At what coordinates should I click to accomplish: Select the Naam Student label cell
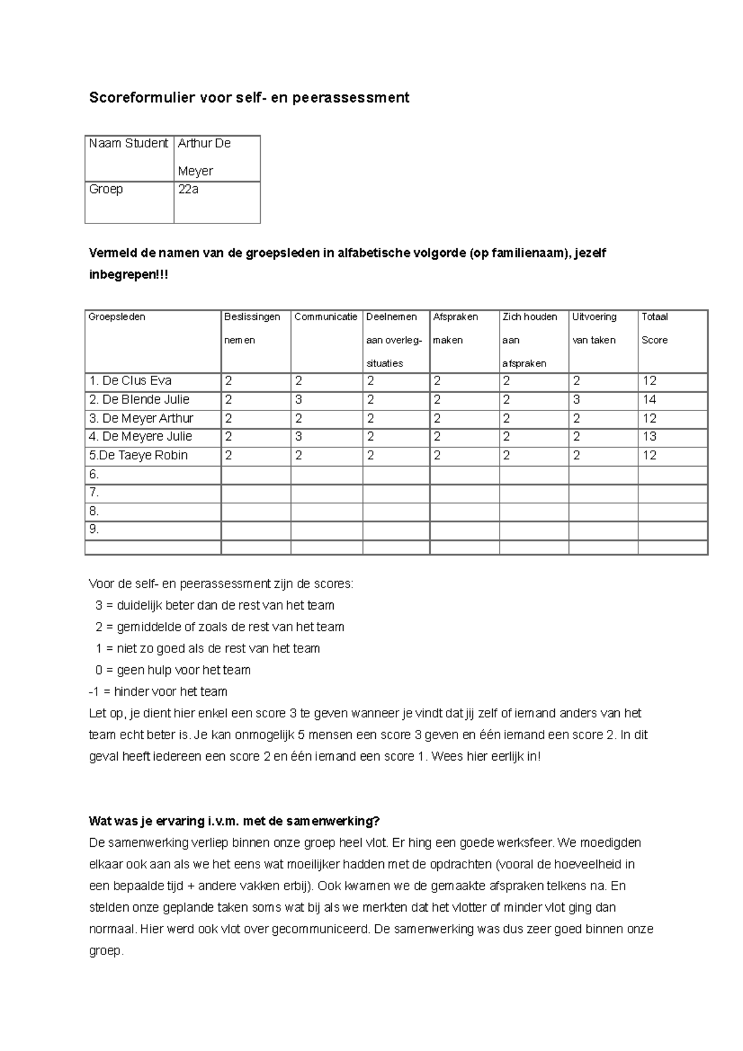[x=129, y=144]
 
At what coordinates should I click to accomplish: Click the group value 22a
[x=188, y=189]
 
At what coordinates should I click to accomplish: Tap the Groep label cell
[x=106, y=189]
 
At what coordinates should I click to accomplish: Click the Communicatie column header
[x=326, y=317]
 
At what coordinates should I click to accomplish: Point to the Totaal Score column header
[x=654, y=328]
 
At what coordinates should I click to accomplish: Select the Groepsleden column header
[x=117, y=317]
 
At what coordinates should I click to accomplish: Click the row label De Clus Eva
[x=131, y=381]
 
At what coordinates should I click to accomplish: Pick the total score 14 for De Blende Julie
[x=649, y=400]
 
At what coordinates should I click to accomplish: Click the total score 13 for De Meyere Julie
[x=649, y=437]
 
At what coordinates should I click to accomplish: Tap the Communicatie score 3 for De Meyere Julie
[x=298, y=437]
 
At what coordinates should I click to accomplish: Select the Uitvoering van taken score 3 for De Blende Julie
[x=576, y=400]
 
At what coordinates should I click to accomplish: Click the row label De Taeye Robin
[x=138, y=456]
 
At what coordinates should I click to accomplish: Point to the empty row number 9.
[x=94, y=530]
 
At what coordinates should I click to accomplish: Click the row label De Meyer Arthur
[x=141, y=418]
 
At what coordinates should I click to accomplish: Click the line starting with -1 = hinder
[x=159, y=692]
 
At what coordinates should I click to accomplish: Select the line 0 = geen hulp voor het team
[x=173, y=670]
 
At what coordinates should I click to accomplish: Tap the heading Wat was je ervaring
[x=234, y=821]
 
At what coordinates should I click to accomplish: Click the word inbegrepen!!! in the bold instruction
[x=129, y=275]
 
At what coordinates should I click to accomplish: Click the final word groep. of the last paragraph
[x=106, y=951]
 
